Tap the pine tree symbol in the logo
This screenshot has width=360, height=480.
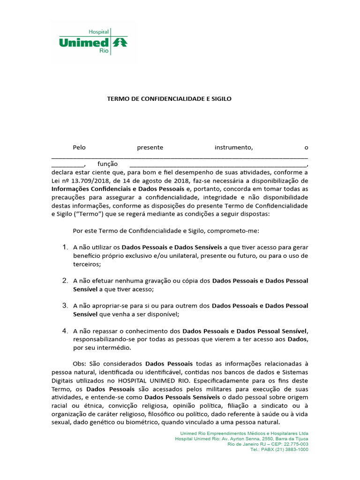121,43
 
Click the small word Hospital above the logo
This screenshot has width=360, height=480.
98,31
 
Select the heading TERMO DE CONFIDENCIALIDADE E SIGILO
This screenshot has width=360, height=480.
169,99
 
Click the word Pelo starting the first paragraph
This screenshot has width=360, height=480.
80,148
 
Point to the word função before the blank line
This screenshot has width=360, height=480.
107,164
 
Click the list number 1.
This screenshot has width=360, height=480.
65,247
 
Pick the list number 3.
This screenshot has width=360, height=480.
65,306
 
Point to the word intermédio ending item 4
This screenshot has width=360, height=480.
112,348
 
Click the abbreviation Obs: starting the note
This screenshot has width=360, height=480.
80,364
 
